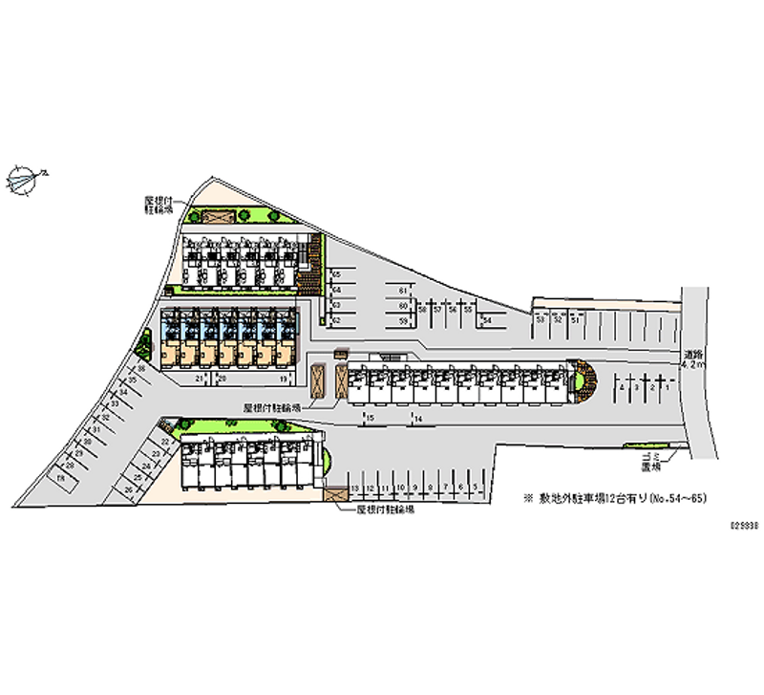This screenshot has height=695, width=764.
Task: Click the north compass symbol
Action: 24,178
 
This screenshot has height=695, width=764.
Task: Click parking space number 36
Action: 140,368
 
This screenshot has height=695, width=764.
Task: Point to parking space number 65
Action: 336,275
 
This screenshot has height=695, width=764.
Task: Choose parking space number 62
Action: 336,320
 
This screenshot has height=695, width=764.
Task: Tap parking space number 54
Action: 487,320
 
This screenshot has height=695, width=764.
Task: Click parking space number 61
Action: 404,290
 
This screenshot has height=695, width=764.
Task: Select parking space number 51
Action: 574,320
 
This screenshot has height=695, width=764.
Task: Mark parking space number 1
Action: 665,389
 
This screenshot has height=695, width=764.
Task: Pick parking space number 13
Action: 355,489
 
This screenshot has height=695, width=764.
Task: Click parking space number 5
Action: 475,489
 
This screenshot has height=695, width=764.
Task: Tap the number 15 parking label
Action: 371,419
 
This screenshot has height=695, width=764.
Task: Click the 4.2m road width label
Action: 694,359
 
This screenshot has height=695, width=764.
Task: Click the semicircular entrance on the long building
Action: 582,380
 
